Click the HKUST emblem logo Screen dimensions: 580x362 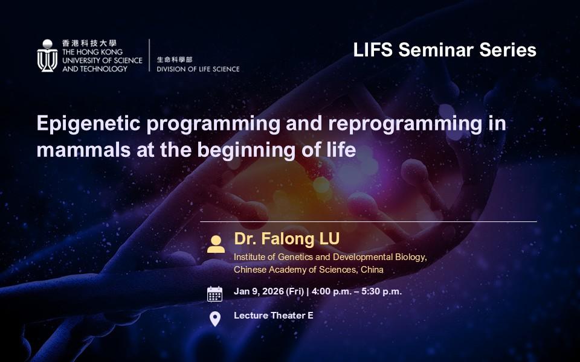[47, 56]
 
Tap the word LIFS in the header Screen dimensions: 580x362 [373, 50]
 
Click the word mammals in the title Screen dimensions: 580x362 [83, 150]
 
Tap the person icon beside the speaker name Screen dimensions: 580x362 [216, 244]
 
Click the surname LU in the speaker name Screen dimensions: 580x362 [327, 239]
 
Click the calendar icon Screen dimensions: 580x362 [214, 294]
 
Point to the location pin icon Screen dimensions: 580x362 [215, 319]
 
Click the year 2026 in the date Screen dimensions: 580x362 [273, 291]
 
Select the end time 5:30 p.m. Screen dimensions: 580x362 [382, 292]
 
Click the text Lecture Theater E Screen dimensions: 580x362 [273, 316]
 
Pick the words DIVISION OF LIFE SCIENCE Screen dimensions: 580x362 [198, 69]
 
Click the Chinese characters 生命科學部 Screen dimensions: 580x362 [175, 60]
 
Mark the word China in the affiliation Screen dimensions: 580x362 [372, 270]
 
